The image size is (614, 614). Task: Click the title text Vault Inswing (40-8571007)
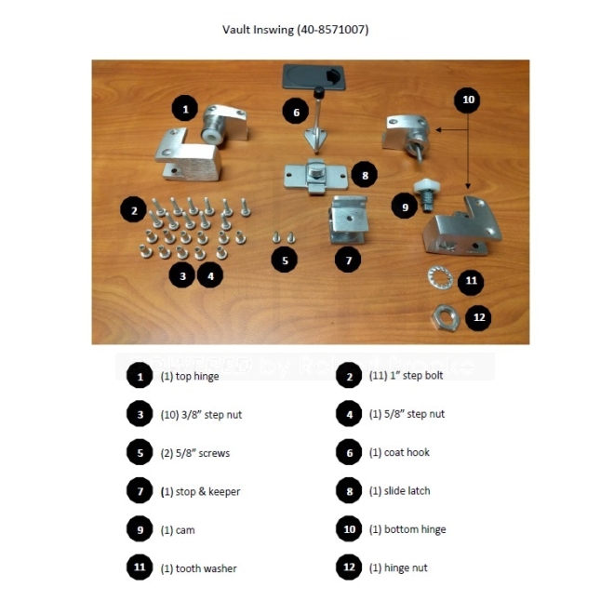click(295, 30)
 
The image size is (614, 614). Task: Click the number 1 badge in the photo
click(185, 109)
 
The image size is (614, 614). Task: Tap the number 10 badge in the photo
click(468, 99)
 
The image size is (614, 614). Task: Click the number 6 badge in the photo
click(296, 113)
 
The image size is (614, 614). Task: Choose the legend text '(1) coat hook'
click(400, 453)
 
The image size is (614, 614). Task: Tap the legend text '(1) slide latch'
click(400, 491)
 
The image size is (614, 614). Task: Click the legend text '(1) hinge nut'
click(399, 567)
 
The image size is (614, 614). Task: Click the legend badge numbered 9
click(139, 529)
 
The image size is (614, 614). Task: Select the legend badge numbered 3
click(139, 414)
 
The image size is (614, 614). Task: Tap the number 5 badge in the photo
click(285, 260)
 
